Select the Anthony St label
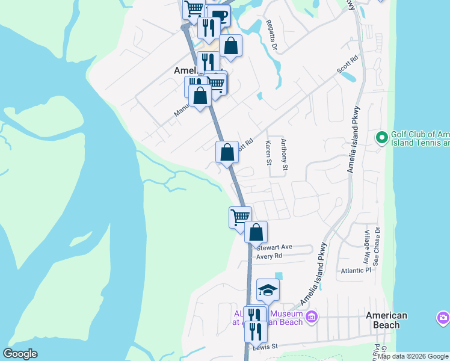(285, 155)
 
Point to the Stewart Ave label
(274, 247)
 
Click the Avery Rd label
(269, 256)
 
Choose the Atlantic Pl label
(355, 271)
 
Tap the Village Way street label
(366, 247)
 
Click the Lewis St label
(265, 347)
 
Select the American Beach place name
(387, 320)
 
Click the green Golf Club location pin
(381, 138)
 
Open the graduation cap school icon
(268, 291)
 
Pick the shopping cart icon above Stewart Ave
(240, 217)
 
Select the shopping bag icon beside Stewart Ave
(256, 232)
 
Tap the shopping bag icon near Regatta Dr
(230, 45)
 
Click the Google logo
(20, 354)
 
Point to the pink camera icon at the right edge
(443, 317)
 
